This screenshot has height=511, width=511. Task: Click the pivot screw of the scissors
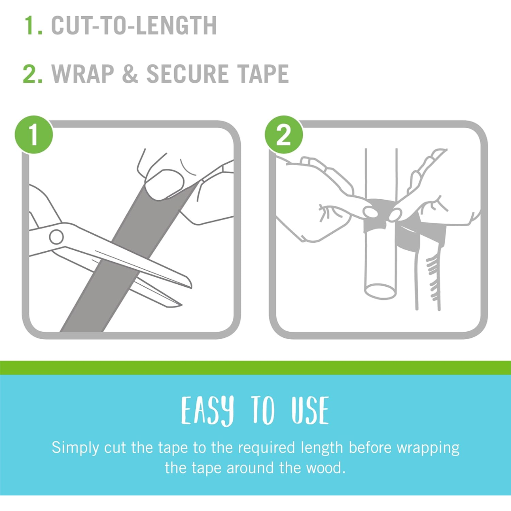tap(56, 237)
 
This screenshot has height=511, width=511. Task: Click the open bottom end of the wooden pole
tap(380, 291)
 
